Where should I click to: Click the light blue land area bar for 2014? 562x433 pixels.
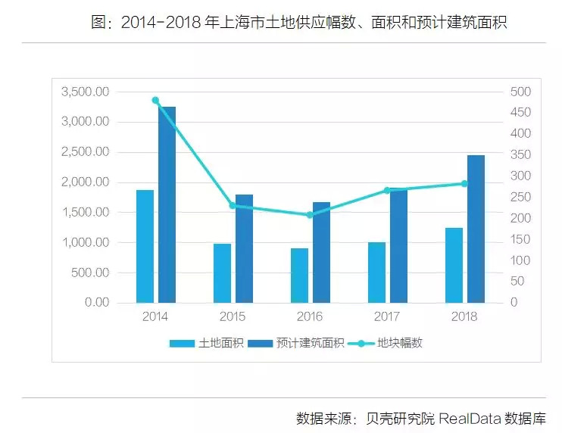[145, 246]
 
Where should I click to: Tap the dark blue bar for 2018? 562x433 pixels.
[476, 229]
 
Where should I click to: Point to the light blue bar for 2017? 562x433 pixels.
[376, 273]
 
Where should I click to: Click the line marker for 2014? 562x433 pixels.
[155, 100]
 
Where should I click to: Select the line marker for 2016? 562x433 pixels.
[310, 215]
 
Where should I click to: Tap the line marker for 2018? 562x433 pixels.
[464, 184]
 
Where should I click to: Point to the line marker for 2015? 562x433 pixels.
[233, 205]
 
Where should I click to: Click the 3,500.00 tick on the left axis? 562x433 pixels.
[86, 92]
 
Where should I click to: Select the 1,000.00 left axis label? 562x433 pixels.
[86, 242]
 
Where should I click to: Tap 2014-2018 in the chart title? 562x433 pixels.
[160, 23]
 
